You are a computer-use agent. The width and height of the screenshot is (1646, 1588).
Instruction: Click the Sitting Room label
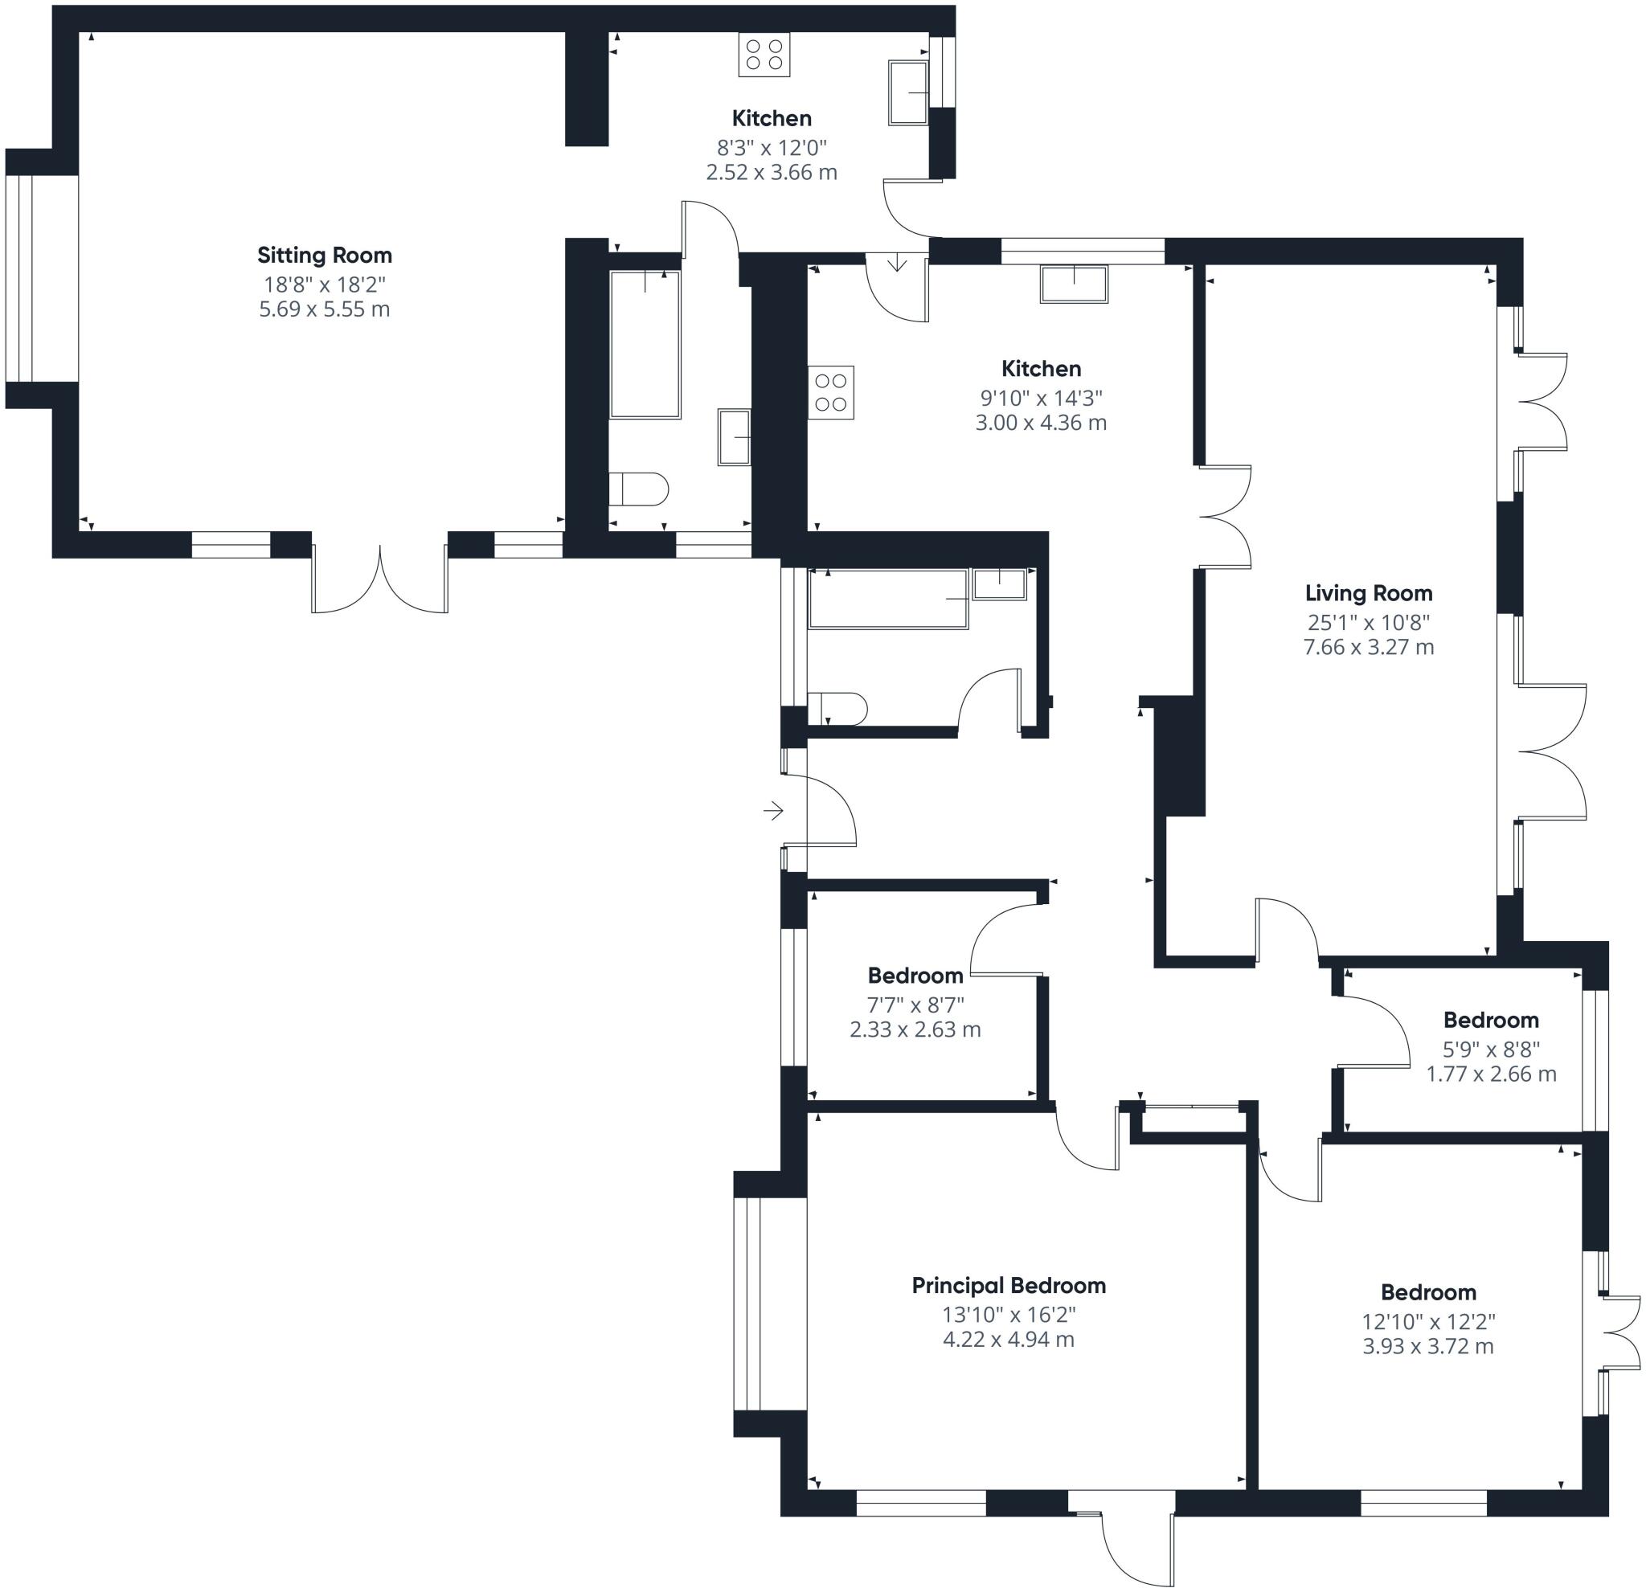point(324,255)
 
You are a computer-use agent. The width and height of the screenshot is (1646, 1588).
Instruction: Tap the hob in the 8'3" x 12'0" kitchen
point(764,55)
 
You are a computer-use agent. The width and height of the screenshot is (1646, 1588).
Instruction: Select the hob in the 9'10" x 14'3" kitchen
point(830,392)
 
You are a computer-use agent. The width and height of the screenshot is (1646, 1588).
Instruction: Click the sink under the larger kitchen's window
point(1074,284)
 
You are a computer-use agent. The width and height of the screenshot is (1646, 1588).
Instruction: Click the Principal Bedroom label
point(1009,1285)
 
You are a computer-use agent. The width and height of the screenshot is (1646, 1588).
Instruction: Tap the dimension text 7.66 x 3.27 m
point(1368,647)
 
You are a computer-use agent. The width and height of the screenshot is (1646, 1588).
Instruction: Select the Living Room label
point(1368,593)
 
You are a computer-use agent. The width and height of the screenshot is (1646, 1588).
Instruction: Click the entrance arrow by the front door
point(772,810)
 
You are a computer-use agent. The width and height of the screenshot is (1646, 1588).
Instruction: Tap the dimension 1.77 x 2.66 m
point(1491,1073)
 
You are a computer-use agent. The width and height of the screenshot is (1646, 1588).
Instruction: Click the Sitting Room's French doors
point(379,579)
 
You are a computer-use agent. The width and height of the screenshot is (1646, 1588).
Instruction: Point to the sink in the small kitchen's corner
point(909,92)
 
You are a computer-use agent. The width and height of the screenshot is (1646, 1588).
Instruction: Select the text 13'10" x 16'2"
point(1009,1313)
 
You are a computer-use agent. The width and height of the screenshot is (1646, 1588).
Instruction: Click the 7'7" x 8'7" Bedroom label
point(915,975)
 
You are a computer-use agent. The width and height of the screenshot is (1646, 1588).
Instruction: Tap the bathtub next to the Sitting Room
point(645,344)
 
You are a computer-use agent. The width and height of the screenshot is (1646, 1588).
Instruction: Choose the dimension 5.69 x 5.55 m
point(324,309)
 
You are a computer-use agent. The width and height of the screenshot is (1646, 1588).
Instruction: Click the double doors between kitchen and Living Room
point(1224,518)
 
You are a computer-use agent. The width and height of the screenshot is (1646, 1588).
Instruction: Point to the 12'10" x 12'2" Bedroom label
point(1427,1291)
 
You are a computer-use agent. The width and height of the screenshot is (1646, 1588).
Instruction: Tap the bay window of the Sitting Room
point(18,278)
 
